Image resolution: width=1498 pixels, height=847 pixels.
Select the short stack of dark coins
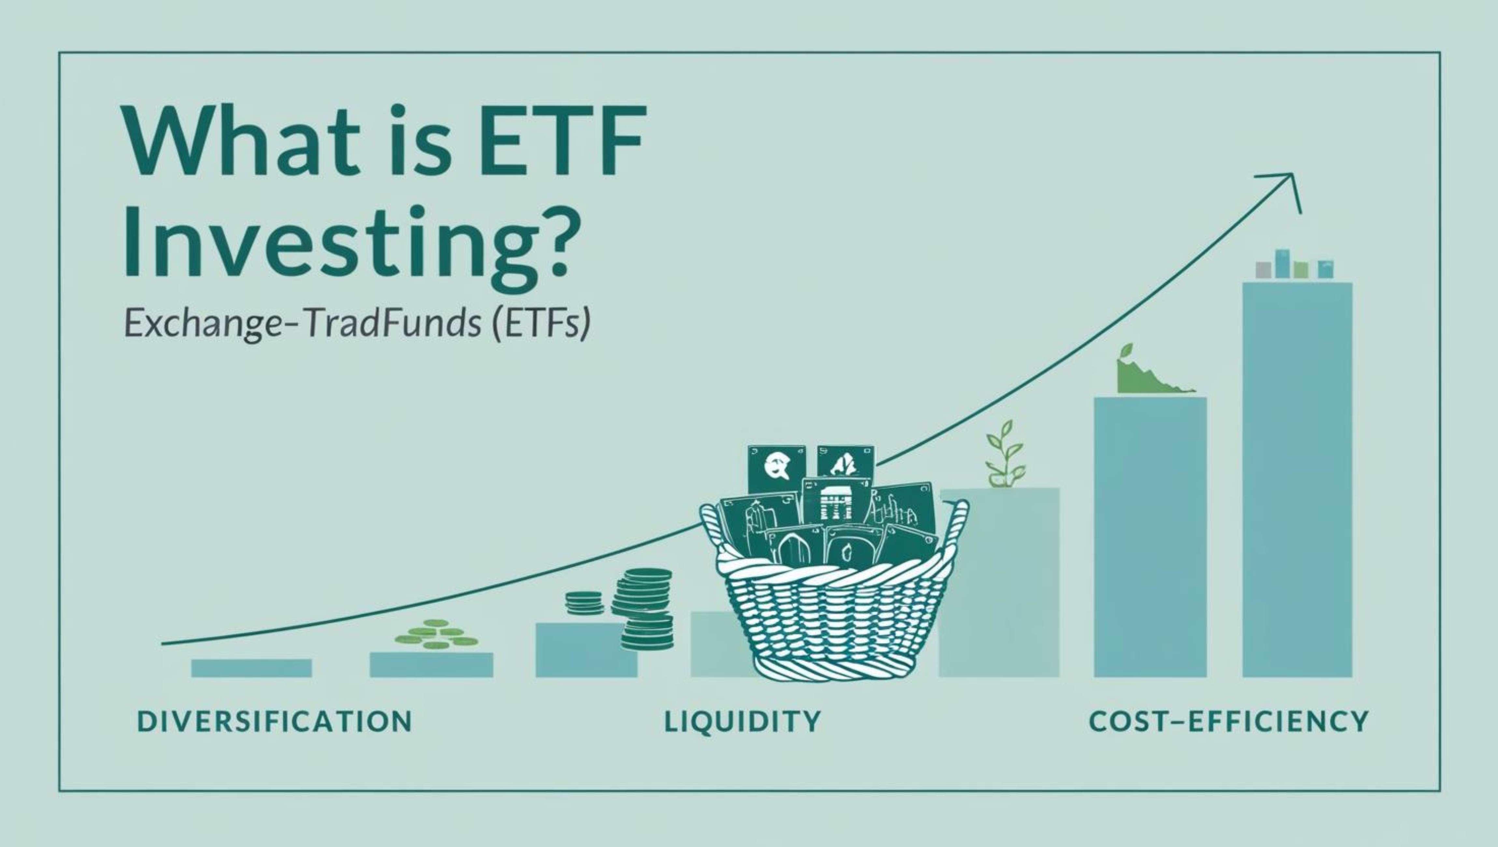coord(584,603)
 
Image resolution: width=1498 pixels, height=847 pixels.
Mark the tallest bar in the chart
coord(1297,480)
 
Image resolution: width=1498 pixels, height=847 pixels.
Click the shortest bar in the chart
coord(251,668)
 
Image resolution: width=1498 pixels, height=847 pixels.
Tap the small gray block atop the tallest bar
coord(1263,270)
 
